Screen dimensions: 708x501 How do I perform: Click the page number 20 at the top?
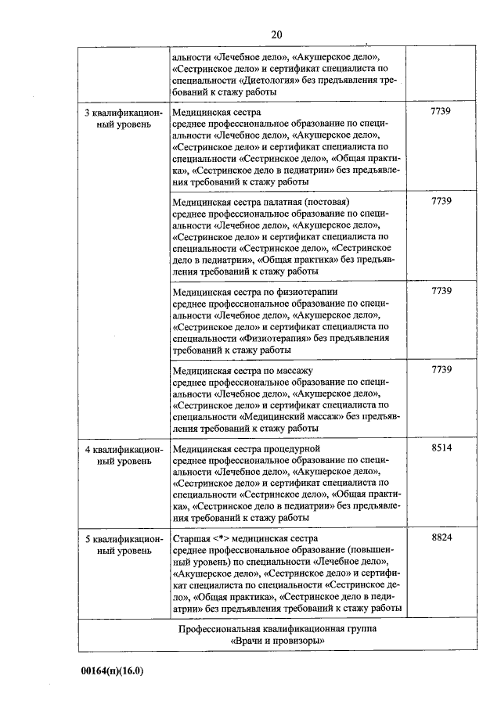tap(276, 34)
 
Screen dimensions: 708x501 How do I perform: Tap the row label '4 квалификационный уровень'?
tap(124, 455)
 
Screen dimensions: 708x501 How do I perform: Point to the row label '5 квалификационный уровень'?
tap(124, 545)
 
